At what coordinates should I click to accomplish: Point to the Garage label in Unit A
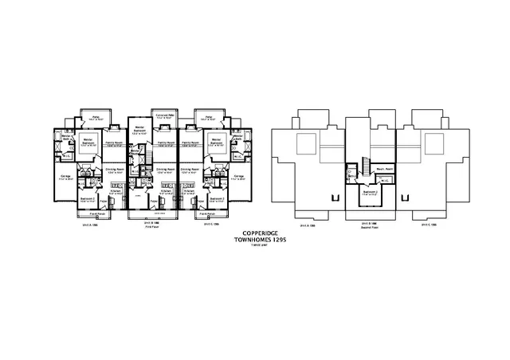coord(65,176)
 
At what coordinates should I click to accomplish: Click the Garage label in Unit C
coord(238,176)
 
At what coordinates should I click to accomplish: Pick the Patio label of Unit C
coord(209,117)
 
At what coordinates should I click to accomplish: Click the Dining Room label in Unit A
coord(113,170)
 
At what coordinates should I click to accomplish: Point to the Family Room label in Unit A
coord(113,143)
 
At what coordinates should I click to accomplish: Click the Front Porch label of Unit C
coord(206,213)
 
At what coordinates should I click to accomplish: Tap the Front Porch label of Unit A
coord(97,213)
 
